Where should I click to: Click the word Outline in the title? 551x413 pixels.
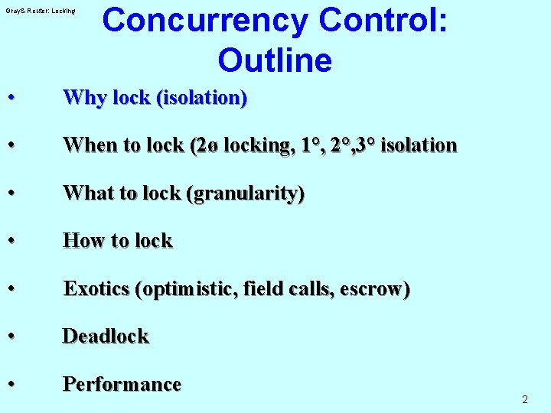tap(274, 60)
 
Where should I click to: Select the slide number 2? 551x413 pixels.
tap(525, 399)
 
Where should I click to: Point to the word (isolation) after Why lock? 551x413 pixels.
tap(202, 98)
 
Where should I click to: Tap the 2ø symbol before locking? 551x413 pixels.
tap(206, 145)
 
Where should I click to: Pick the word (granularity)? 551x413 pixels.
tap(245, 193)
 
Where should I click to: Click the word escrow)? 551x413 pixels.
tap(374, 288)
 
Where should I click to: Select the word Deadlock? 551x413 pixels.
tap(106, 336)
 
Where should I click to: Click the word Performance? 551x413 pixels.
tap(122, 384)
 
